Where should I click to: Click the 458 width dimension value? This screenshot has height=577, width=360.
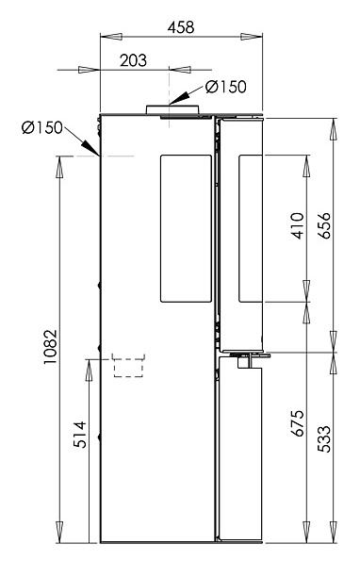(x=181, y=27)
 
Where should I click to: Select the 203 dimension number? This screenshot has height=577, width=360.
(x=133, y=60)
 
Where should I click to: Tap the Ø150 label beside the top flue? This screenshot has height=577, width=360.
(x=226, y=87)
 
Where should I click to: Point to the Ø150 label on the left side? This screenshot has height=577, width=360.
(x=42, y=127)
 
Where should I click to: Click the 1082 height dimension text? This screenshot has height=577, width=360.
(x=50, y=347)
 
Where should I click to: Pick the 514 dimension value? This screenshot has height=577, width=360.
(x=80, y=435)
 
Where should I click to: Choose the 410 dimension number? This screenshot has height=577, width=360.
(x=298, y=225)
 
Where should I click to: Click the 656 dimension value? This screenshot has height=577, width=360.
(x=324, y=225)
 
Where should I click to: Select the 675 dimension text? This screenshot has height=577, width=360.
(x=298, y=422)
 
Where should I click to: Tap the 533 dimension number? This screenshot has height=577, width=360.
(x=324, y=438)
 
